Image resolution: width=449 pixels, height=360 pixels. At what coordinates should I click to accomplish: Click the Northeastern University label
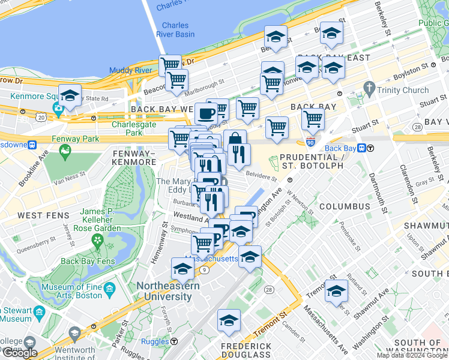[x=171, y=291]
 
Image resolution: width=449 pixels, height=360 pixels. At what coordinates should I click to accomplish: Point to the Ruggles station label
[x=155, y=341]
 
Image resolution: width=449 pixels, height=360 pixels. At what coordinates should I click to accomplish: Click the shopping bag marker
[x=235, y=140]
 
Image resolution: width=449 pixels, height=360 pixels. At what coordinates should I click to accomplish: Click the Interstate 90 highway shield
[x=310, y=142]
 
